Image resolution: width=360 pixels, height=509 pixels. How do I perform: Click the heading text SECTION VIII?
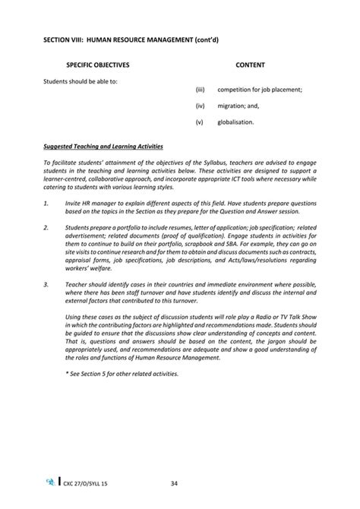click(x=67, y=35)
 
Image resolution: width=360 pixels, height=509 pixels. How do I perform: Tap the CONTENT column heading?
click(x=250, y=66)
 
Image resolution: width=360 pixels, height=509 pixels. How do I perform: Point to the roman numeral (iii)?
click(x=200, y=90)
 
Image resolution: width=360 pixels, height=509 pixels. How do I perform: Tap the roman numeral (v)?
click(x=199, y=122)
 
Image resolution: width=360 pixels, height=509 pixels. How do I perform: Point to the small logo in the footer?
click(x=50, y=482)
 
